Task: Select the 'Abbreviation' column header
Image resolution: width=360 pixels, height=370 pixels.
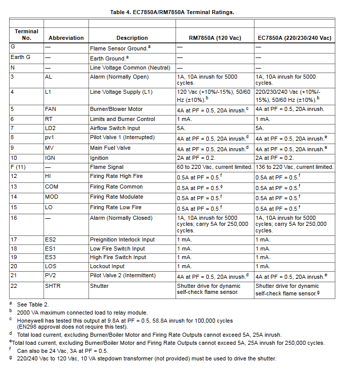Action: (x=66, y=38)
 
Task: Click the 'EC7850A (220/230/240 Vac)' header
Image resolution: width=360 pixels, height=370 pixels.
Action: (x=294, y=38)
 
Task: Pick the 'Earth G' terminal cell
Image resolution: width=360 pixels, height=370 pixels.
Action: (x=21, y=57)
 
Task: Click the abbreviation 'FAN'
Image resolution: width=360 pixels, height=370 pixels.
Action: (x=51, y=109)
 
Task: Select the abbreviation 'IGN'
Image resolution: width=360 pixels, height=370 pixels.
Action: (x=50, y=158)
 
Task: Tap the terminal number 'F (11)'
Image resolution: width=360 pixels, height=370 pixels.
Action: (x=18, y=167)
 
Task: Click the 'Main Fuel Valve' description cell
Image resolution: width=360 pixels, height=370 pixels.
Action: (x=110, y=148)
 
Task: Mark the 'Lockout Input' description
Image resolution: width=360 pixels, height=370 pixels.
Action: (x=107, y=266)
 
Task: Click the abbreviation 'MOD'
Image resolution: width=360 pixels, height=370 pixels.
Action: (x=51, y=197)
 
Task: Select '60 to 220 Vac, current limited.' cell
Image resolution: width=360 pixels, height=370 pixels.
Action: (x=214, y=167)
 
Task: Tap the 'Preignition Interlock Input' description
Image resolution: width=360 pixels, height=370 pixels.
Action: (x=123, y=239)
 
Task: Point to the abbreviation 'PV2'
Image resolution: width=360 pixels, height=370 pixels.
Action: (x=51, y=276)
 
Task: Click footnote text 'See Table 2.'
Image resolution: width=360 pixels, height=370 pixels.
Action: (x=33, y=304)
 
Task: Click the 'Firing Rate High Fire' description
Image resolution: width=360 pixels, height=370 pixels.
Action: (x=116, y=177)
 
